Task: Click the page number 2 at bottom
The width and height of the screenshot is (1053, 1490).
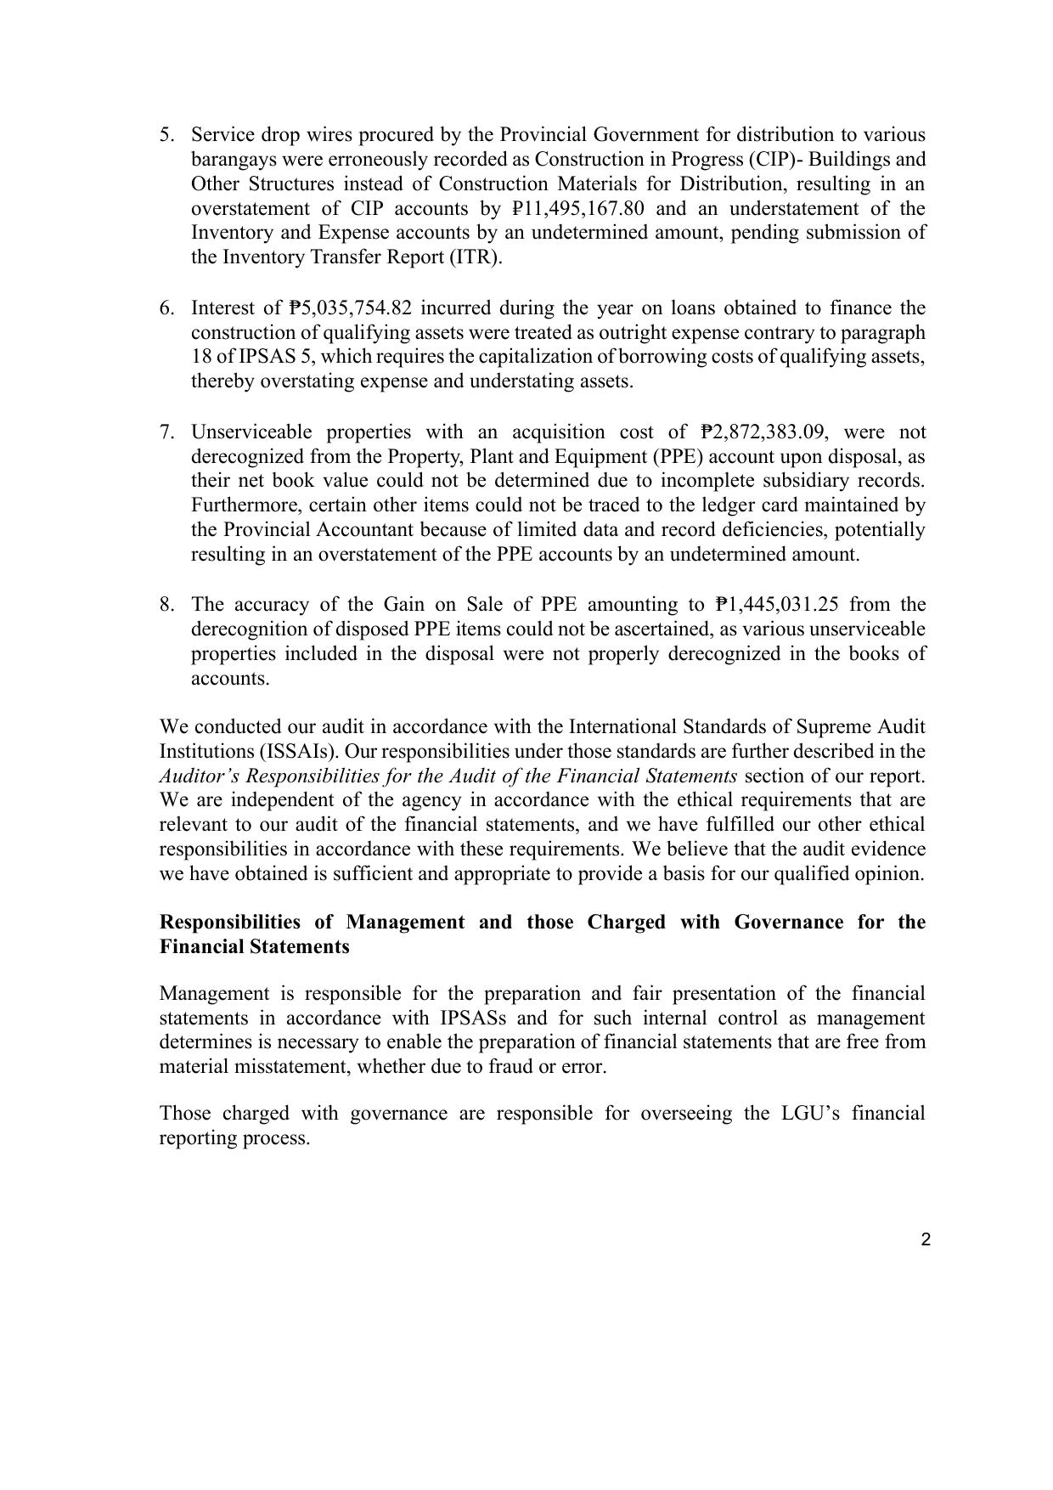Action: click(x=926, y=1239)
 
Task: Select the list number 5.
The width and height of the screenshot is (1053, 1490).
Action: click(x=166, y=135)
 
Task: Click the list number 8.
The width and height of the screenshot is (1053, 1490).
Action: click(x=166, y=605)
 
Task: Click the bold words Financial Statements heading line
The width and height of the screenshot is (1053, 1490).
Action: click(x=254, y=947)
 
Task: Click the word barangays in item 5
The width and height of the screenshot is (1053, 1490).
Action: click(x=231, y=160)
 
